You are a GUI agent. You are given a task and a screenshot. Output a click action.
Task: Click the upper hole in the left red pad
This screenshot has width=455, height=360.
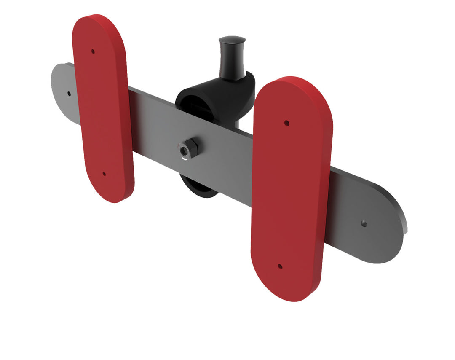point(93,52)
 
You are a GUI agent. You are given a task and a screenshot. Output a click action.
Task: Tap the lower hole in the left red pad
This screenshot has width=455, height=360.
point(104,173)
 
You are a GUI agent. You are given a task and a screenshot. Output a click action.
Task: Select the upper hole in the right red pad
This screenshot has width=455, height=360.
point(286,123)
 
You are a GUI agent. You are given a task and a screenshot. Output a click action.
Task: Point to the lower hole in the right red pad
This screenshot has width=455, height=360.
point(280,266)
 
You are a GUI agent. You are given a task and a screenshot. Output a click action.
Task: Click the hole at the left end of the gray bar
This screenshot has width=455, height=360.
point(69,93)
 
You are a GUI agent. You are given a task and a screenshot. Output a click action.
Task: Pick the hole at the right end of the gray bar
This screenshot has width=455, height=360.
point(364,224)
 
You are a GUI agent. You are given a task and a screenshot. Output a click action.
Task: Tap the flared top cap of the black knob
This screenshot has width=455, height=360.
point(232,40)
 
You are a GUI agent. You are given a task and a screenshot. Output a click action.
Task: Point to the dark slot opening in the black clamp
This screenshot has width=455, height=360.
point(198,105)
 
